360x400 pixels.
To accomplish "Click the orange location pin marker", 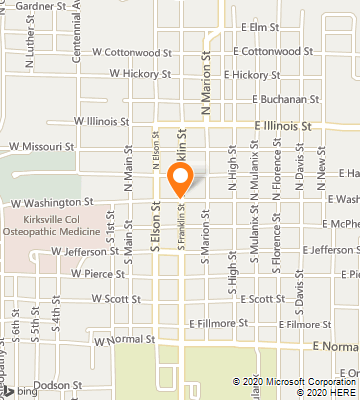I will click(181, 181).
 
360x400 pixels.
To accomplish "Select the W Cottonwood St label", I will click(126, 52).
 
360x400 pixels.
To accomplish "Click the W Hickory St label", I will click(142, 74).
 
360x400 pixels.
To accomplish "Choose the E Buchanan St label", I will click(285, 100).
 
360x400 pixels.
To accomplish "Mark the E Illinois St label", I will click(283, 127).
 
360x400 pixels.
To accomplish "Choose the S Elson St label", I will click(157, 236).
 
